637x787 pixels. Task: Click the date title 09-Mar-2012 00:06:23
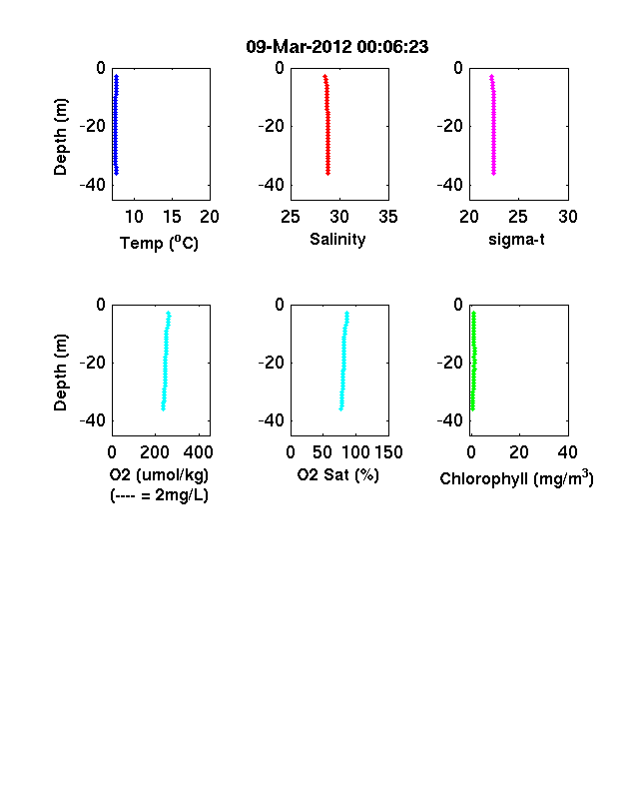337,47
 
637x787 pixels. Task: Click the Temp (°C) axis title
159,243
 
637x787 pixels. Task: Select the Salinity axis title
337,240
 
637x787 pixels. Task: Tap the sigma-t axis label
516,240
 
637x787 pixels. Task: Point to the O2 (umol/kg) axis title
159,474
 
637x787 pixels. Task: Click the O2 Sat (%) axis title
338,474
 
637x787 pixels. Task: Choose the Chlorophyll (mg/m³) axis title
516,478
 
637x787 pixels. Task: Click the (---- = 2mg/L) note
159,495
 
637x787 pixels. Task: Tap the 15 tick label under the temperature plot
172,217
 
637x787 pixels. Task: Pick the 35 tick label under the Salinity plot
388,217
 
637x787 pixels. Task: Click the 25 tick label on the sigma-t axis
518,217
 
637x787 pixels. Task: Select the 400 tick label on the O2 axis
198,452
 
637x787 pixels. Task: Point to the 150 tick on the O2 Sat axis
388,452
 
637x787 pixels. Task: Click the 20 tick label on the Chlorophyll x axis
519,452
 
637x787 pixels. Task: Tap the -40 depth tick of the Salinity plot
272,185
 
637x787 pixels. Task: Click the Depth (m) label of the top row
60,137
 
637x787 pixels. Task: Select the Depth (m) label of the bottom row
60,373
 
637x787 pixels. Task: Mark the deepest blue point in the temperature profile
117,173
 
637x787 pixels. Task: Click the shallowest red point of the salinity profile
325,76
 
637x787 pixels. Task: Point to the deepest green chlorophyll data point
472,409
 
